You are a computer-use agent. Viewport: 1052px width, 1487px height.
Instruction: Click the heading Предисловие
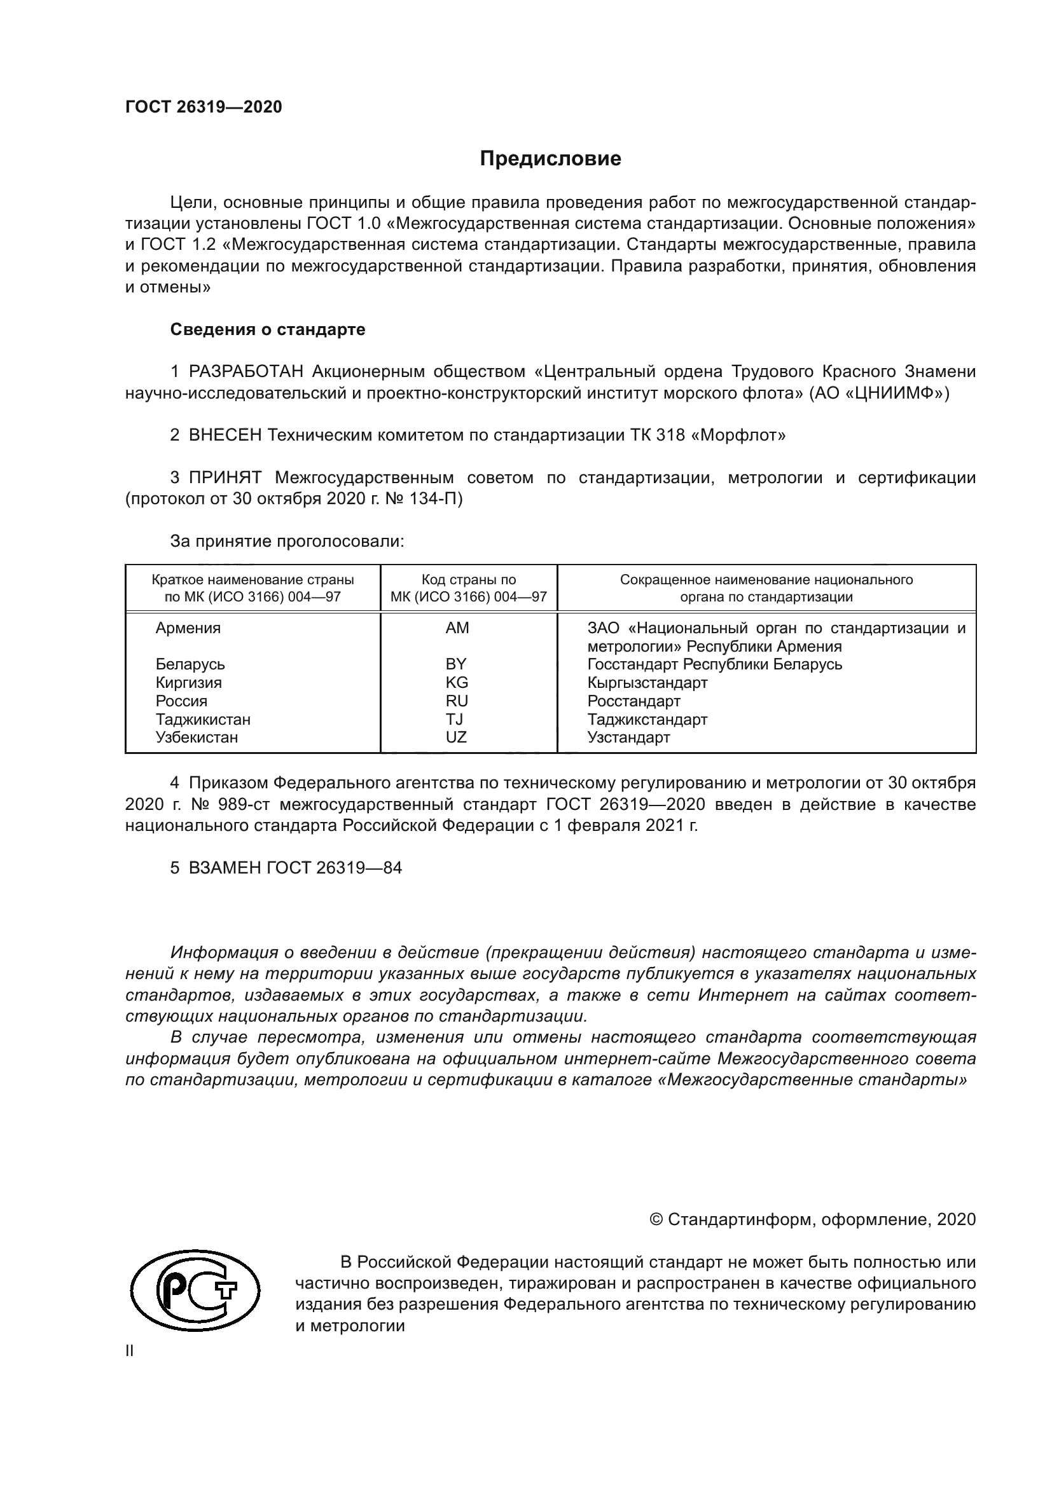click(550, 159)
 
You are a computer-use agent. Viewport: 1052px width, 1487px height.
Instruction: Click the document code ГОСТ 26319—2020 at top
click(204, 107)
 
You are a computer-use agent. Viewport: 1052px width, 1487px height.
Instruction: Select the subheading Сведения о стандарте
click(268, 330)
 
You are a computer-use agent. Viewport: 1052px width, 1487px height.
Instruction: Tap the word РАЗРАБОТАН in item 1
click(246, 372)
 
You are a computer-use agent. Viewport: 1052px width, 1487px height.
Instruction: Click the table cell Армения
click(188, 628)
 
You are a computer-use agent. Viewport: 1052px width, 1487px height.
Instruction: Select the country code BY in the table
click(456, 664)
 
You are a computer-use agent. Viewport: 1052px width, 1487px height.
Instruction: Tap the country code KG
click(456, 683)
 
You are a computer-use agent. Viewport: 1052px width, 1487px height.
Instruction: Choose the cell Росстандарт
click(633, 701)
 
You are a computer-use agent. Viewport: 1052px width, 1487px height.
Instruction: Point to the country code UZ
click(456, 737)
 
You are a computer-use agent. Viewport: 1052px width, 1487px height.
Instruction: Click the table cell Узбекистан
click(197, 737)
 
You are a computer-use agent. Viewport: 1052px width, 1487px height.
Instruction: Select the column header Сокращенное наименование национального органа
click(766, 588)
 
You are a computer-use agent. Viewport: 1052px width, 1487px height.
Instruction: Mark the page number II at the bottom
click(130, 1351)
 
